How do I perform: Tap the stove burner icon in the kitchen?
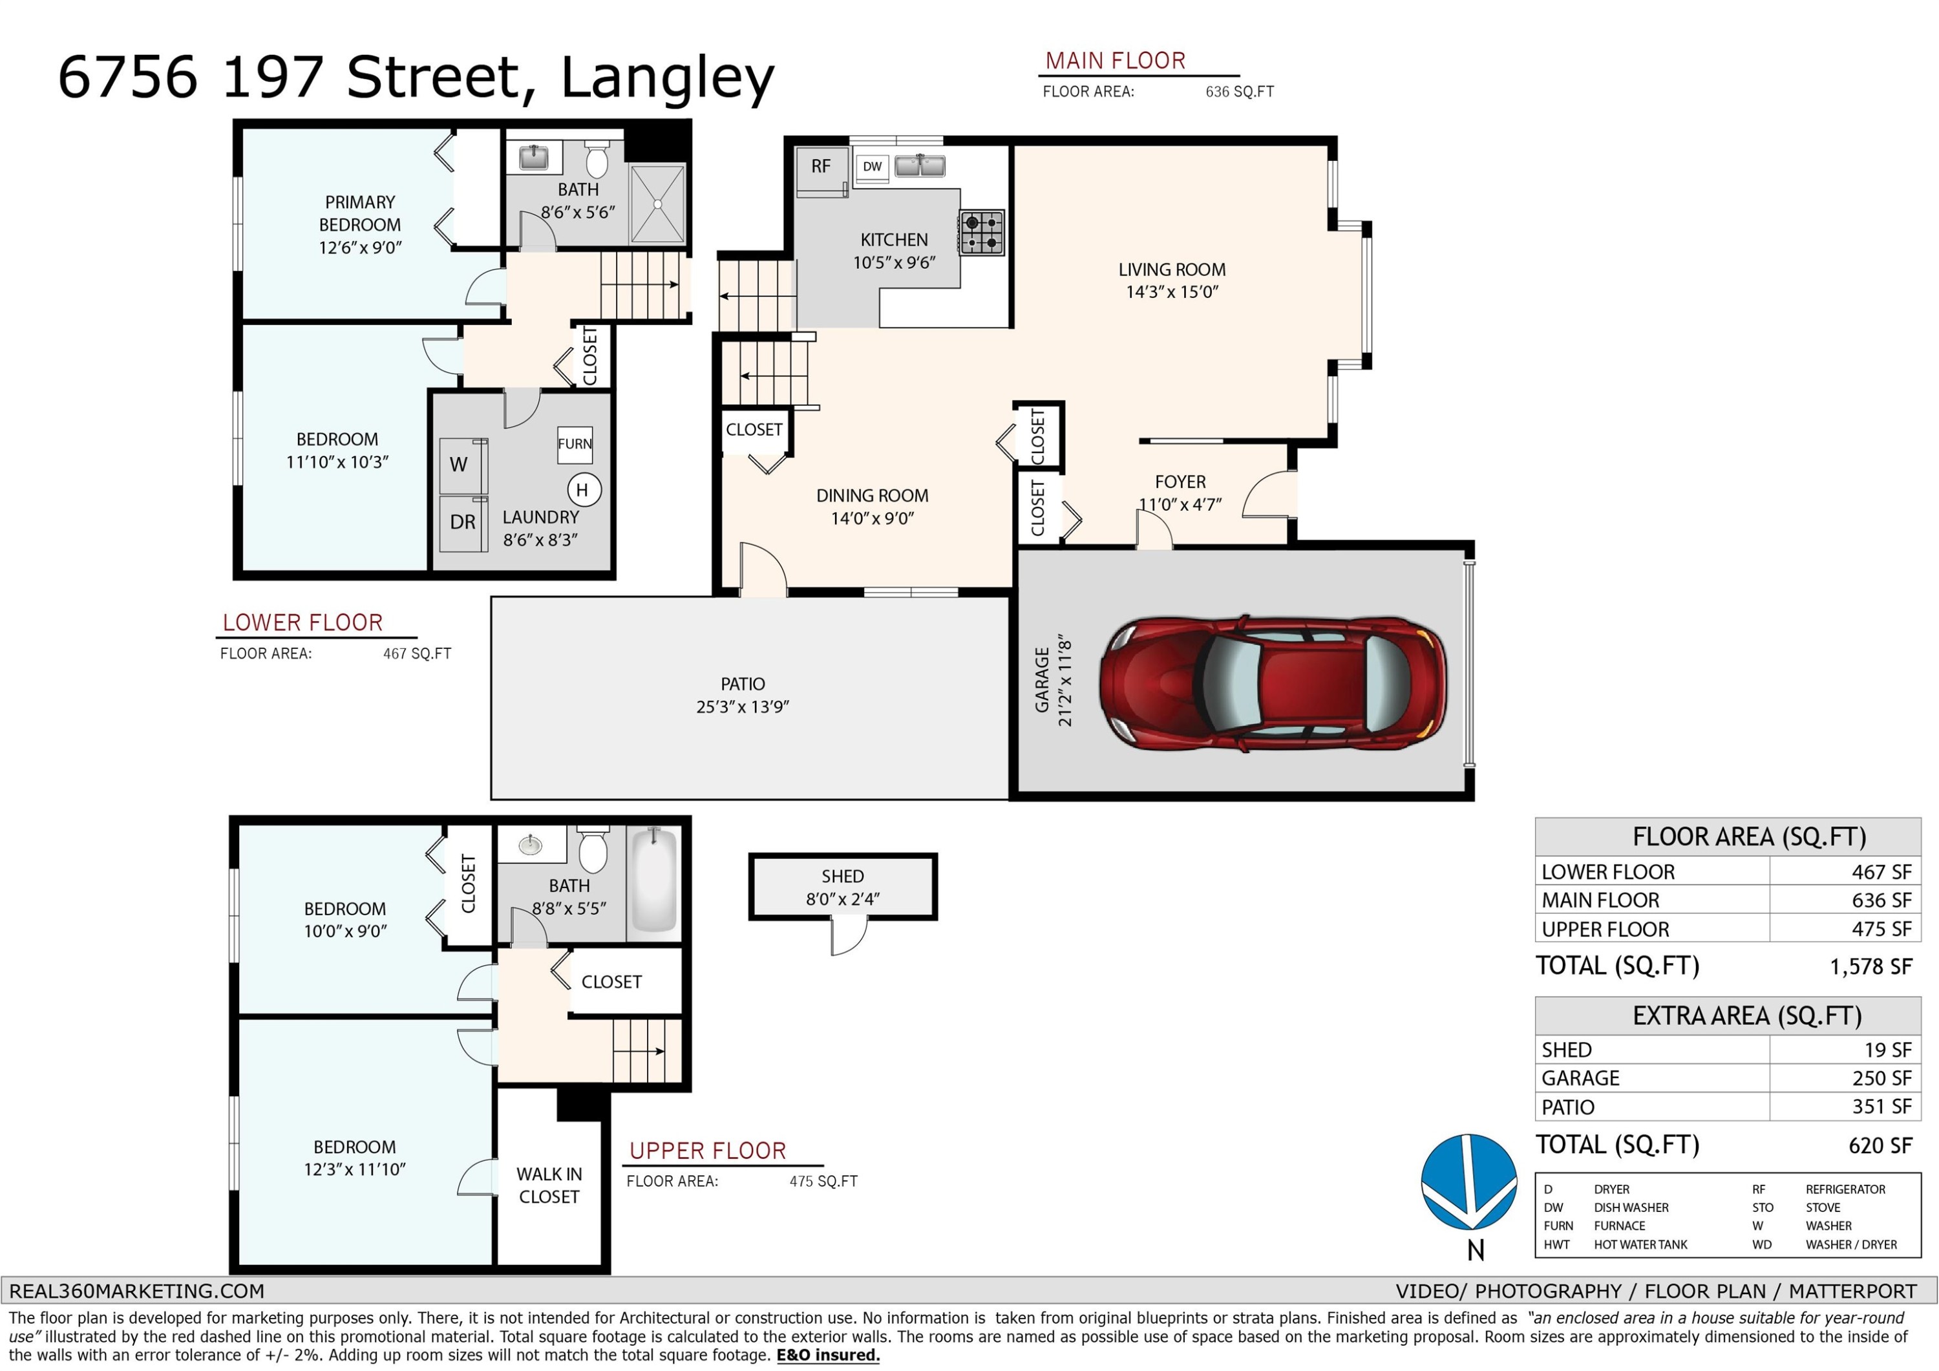click(982, 232)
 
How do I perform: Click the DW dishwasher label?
click(873, 166)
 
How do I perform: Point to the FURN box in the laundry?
click(575, 444)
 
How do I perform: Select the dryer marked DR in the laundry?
click(463, 523)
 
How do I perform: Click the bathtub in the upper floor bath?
click(655, 880)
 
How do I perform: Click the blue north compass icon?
click(1470, 1183)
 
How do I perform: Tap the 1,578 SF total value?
click(1870, 966)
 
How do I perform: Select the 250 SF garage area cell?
click(1881, 1079)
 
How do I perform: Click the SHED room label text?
click(842, 876)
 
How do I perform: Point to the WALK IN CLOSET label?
click(549, 1185)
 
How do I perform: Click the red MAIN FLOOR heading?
click(1115, 61)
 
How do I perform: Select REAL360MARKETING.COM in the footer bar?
click(137, 1291)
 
